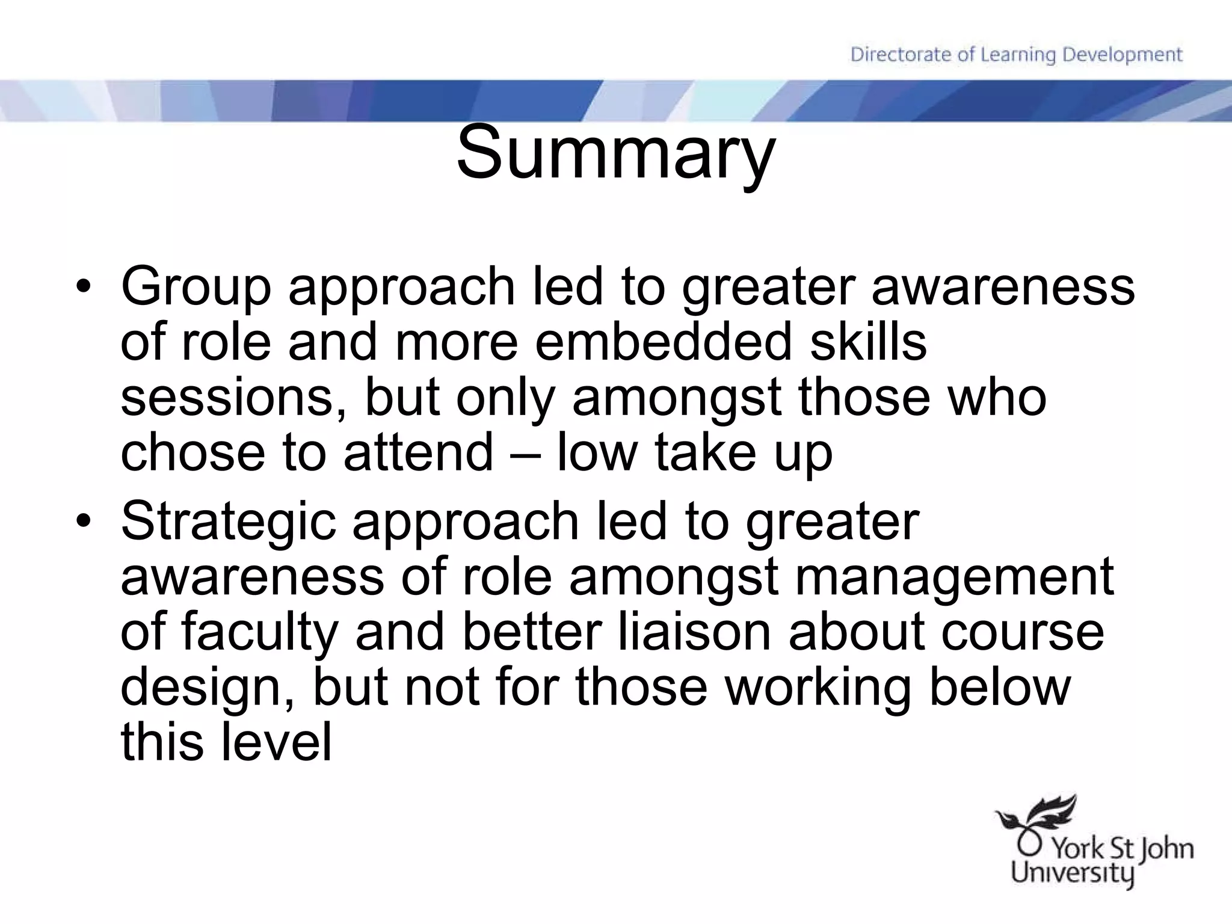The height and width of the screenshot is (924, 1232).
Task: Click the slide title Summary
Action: tap(615, 153)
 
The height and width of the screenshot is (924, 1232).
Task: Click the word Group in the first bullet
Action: tap(196, 288)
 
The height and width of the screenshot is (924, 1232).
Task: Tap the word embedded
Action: tap(662, 342)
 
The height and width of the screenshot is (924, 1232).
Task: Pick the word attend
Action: tap(418, 452)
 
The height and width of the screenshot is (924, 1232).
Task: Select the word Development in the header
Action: tap(1123, 55)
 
